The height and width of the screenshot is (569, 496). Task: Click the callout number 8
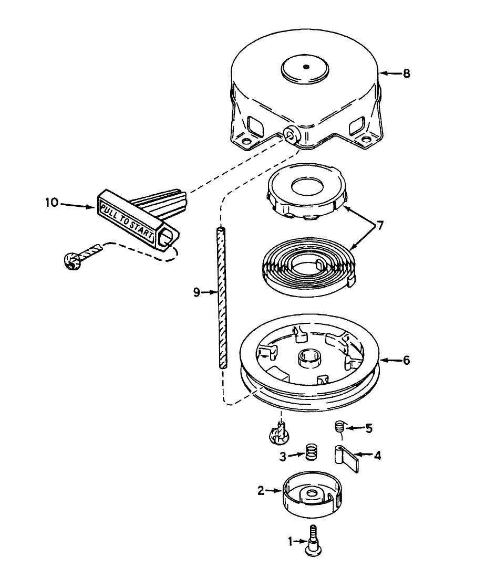tap(406, 74)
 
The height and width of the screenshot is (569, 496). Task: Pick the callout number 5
tap(369, 428)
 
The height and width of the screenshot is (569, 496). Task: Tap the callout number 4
tap(377, 456)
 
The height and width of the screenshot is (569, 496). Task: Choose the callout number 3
tap(283, 457)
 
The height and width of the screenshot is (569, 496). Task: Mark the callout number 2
tap(261, 491)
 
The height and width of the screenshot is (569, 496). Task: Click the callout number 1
tap(290, 541)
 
